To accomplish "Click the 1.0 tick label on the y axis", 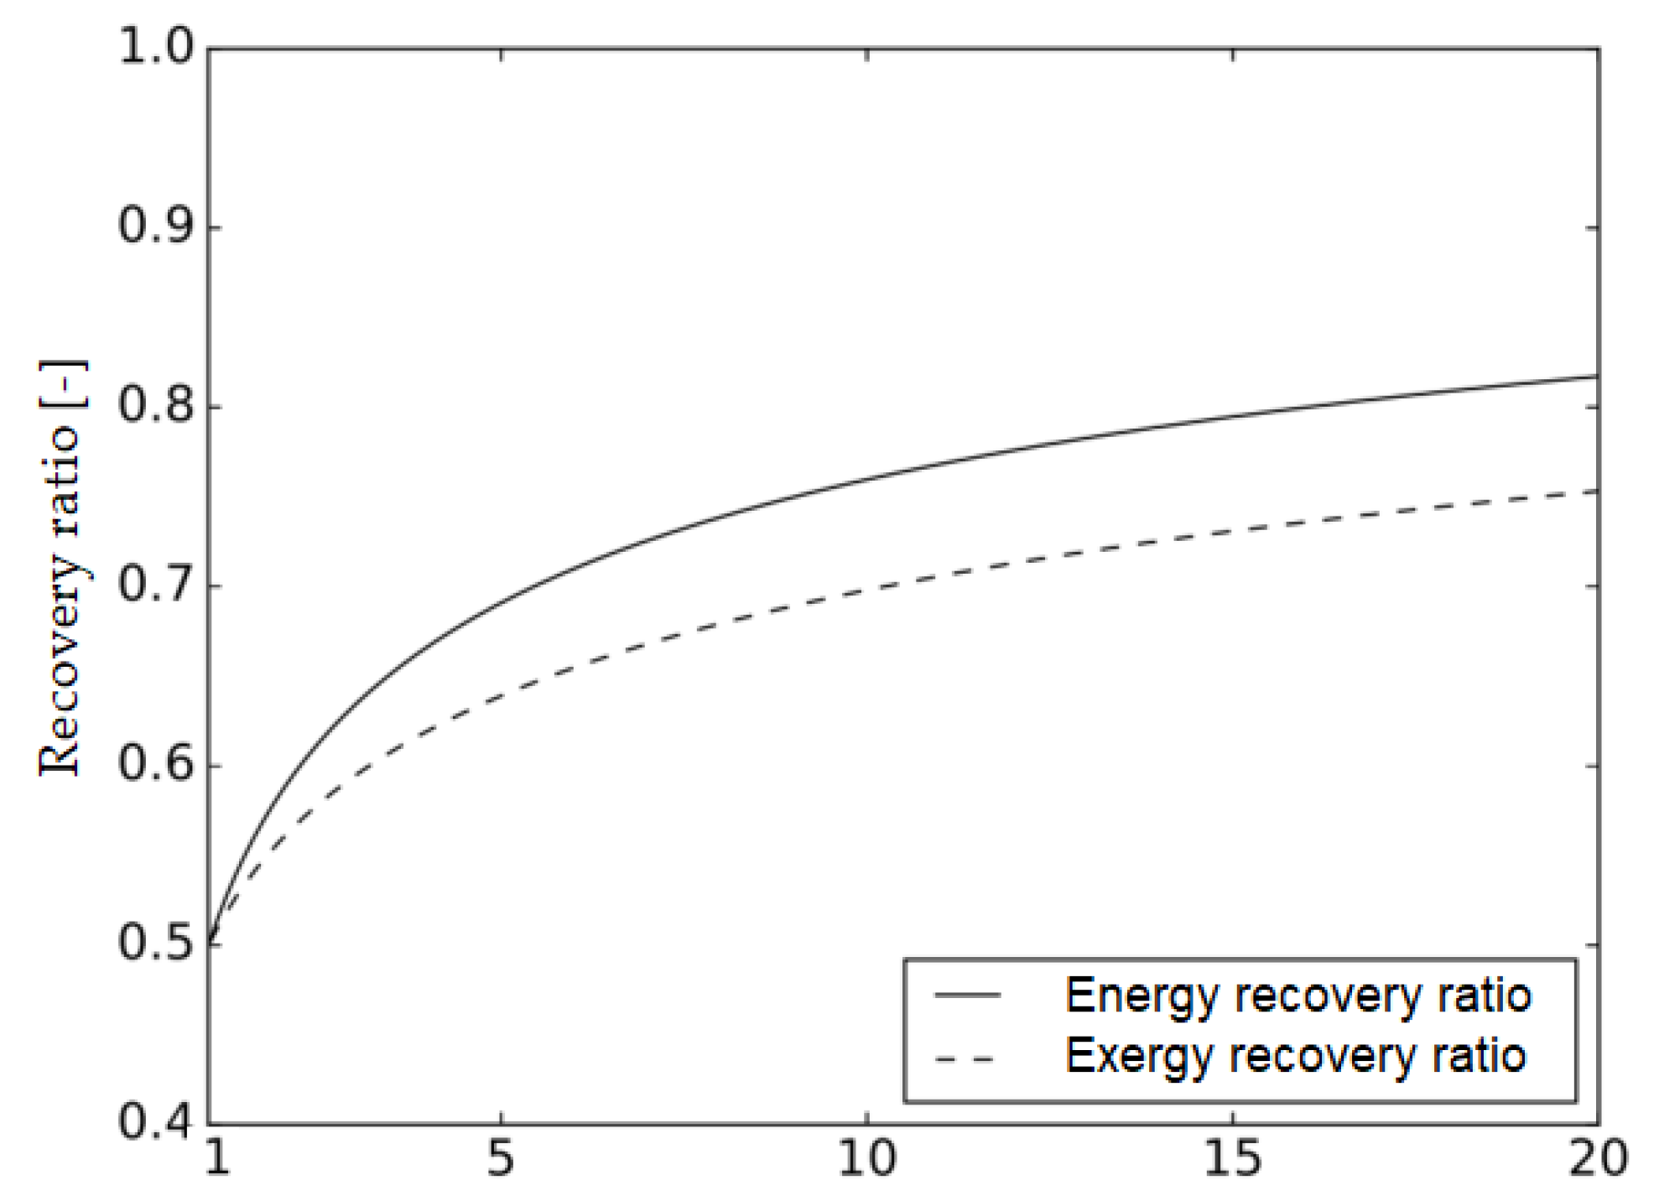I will click(x=155, y=46).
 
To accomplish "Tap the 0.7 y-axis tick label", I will click(x=155, y=585).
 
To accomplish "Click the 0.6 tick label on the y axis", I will click(x=155, y=764).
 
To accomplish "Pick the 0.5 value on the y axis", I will click(x=155, y=944).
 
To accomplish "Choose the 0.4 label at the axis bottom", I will click(x=155, y=1122).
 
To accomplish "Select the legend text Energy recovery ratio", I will click(x=1298, y=996).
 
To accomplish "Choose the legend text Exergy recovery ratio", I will click(x=1295, y=1056).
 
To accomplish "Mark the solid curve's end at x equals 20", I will click(x=1597, y=377).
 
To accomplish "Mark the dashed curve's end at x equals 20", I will click(x=1597, y=491).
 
